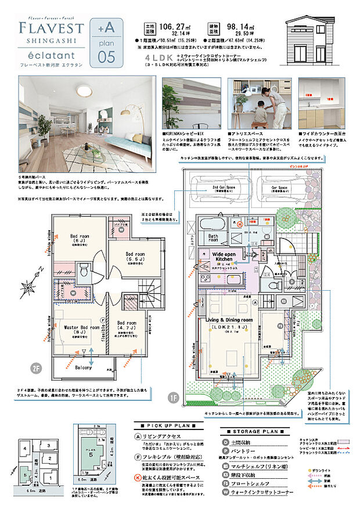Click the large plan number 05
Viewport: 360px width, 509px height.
tap(107, 56)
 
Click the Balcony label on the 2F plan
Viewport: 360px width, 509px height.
tap(83, 367)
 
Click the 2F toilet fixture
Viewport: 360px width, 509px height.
tap(84, 270)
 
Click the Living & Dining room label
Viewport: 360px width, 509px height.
tap(227, 320)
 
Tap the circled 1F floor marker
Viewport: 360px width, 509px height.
tap(173, 398)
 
